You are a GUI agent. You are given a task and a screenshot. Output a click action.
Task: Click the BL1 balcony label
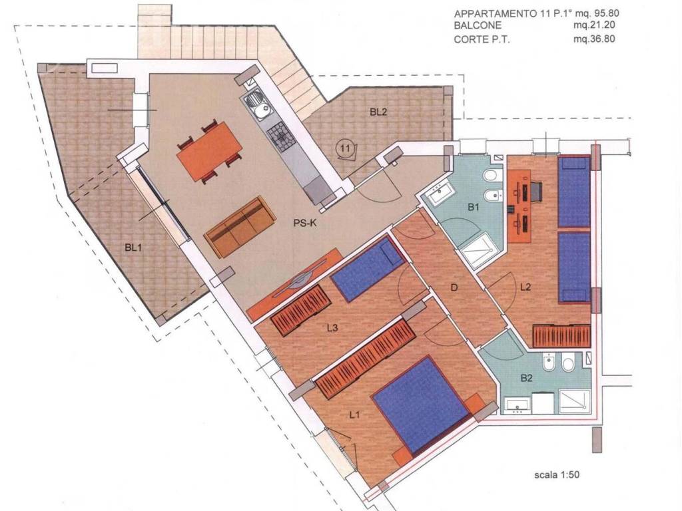pos(133,248)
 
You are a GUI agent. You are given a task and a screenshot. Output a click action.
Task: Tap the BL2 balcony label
pos(378,112)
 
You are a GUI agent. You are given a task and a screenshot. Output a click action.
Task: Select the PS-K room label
pos(304,224)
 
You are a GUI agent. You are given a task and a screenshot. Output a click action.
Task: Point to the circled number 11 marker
pos(345,148)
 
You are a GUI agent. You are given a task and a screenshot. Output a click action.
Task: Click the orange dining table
pos(210,151)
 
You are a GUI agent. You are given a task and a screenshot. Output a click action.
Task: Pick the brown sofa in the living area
pos(240,227)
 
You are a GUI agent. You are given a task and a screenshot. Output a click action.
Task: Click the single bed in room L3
pos(368,269)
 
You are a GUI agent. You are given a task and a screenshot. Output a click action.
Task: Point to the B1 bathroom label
pos(474,208)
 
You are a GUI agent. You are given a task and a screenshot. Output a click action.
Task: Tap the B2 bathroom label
pos(526,378)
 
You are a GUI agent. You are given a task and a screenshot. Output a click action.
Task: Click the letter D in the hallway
pos(454,287)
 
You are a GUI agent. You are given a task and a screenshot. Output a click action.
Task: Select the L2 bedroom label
pos(526,287)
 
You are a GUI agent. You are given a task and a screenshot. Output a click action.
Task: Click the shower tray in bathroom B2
pos(575,401)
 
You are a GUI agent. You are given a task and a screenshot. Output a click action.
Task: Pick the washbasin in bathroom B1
pos(442,194)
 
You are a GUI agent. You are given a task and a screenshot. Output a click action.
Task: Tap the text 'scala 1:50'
pos(557,475)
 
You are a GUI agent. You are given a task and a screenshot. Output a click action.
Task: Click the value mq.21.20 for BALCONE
pos(594,26)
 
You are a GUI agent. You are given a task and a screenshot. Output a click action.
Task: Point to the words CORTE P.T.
pos(482,39)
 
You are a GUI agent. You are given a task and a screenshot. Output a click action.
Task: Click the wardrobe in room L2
pos(561,336)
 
